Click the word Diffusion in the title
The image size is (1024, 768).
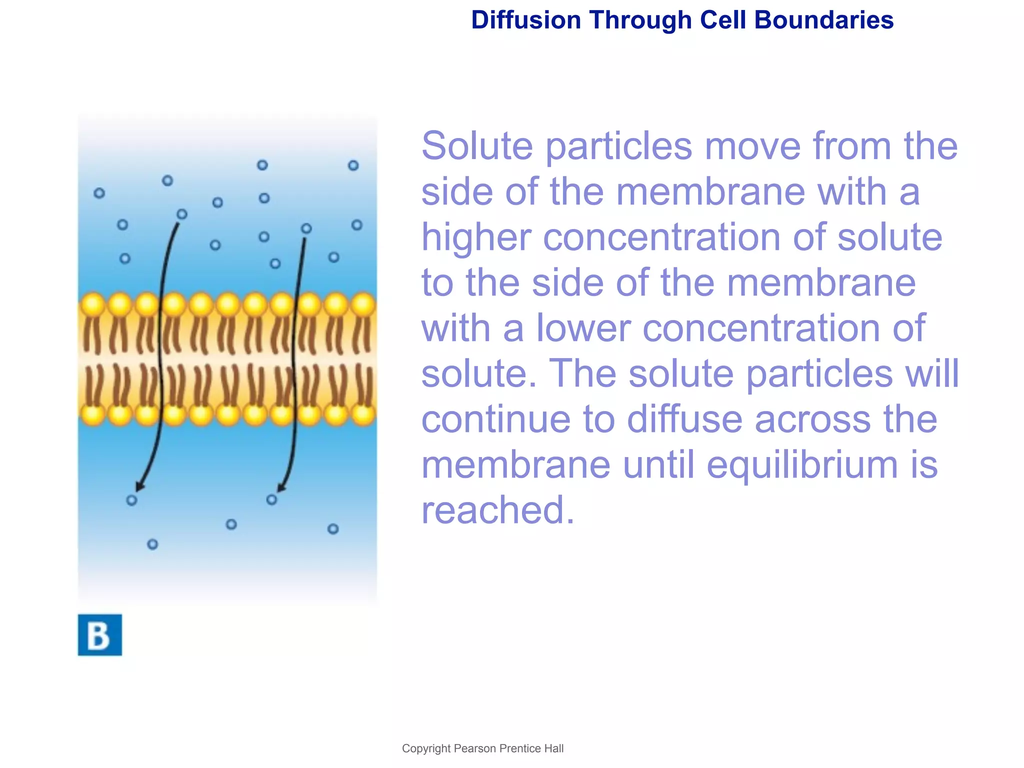coord(525,20)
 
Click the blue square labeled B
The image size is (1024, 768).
coord(99,634)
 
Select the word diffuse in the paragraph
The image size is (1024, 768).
coord(684,419)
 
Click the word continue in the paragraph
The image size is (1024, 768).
coord(495,419)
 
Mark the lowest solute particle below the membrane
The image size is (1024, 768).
coord(152,544)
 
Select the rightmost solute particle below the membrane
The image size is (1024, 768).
coord(333,529)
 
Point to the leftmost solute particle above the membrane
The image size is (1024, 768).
coord(99,193)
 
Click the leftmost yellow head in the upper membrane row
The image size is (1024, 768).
coord(92,304)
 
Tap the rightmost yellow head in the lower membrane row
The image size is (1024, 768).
coord(363,414)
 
